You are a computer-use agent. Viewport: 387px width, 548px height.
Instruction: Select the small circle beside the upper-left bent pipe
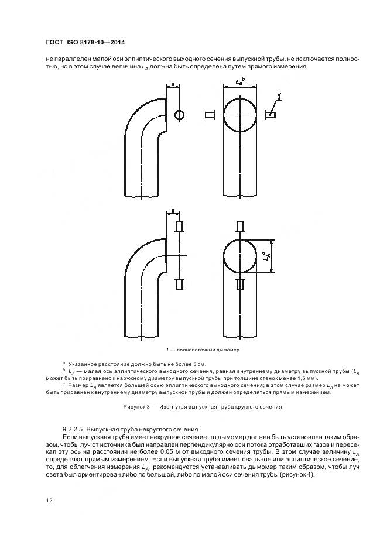tap(179, 114)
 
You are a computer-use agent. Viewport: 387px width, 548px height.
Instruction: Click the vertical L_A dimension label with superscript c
tap(266, 256)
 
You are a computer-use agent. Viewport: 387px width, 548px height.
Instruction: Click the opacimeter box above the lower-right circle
tap(239, 226)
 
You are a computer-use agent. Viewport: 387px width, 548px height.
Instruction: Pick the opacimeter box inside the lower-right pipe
tap(239, 285)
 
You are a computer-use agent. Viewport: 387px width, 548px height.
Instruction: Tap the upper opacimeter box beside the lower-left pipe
tap(180, 227)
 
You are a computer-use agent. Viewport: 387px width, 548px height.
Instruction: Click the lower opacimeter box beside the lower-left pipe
tap(180, 285)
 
